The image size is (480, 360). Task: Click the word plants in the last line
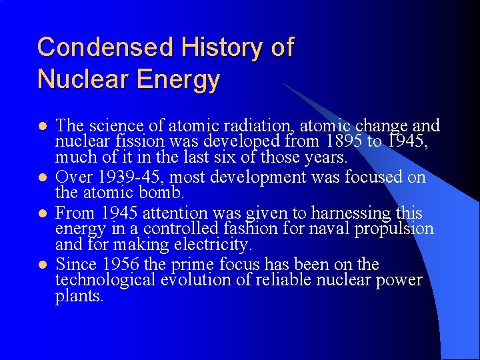[x=79, y=297]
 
